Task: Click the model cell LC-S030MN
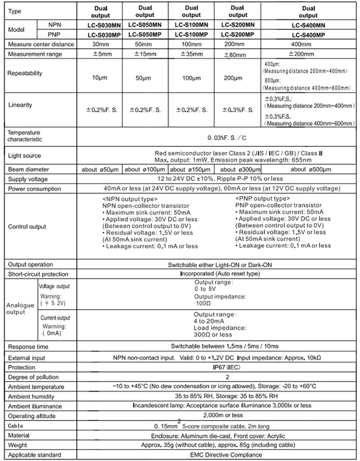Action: click(x=99, y=25)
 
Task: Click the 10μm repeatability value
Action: click(x=99, y=78)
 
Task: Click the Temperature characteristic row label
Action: click(x=24, y=136)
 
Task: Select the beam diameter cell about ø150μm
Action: click(x=191, y=169)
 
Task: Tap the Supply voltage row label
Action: click(x=27, y=179)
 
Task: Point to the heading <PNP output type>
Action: click(x=262, y=199)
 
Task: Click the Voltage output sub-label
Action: click(x=54, y=286)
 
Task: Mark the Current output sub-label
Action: click(x=54, y=318)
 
